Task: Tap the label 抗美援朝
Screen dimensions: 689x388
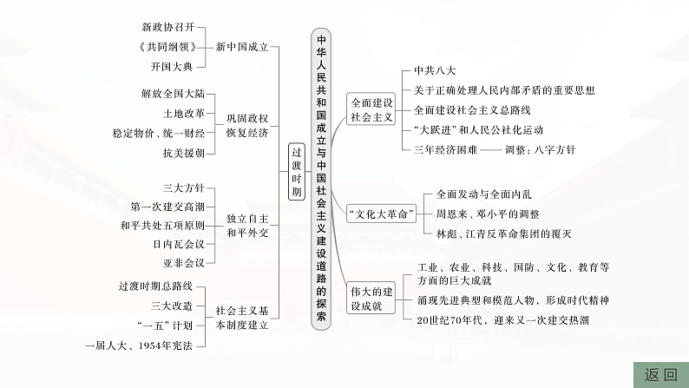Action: click(183, 153)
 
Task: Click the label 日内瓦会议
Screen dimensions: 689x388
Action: click(178, 244)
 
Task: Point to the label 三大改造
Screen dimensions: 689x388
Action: click(178, 306)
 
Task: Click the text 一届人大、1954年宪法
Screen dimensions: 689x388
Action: click(145, 345)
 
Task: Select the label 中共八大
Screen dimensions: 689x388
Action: click(434, 71)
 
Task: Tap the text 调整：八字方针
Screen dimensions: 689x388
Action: click(540, 149)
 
